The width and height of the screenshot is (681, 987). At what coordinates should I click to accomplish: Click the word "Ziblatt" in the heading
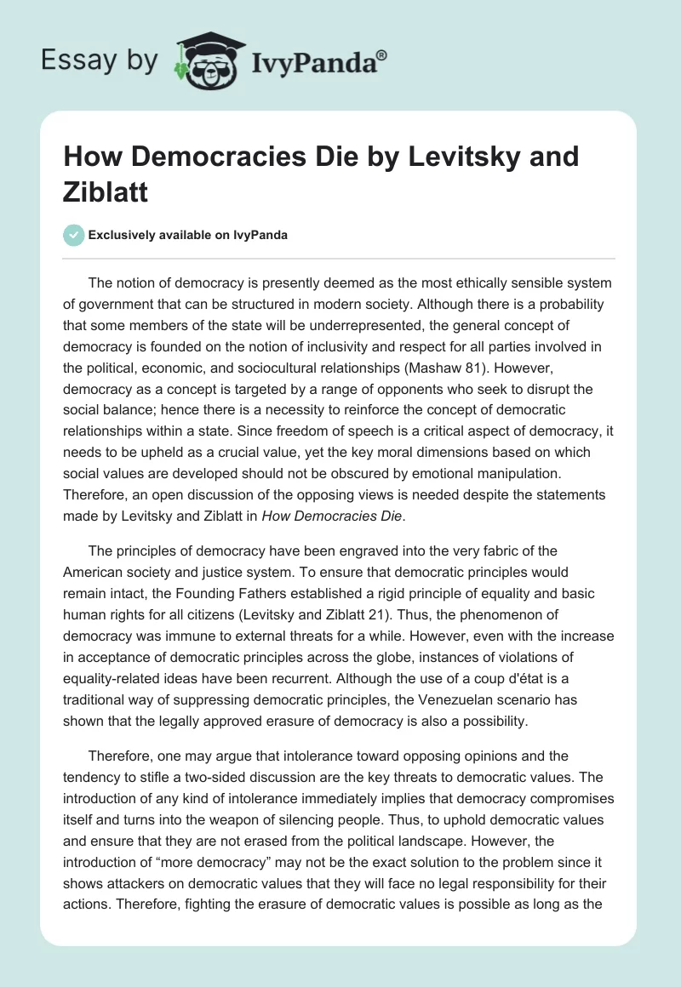(x=106, y=191)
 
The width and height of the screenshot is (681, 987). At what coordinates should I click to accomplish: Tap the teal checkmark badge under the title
(x=73, y=235)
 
